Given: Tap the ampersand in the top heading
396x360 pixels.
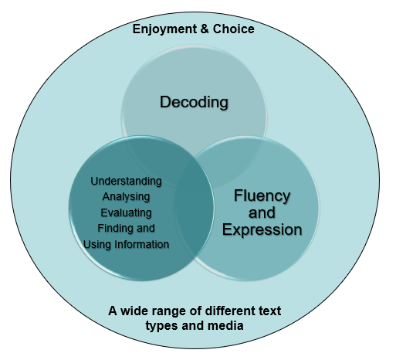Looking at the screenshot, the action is tap(205, 29).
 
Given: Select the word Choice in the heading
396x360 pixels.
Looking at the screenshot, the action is tap(233, 29).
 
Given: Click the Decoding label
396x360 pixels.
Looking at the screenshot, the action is tap(194, 103).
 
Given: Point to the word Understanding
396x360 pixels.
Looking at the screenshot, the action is tap(126, 182).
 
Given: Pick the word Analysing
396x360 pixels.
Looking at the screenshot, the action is tap(126, 197).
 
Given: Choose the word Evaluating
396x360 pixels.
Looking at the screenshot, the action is tap(126, 213).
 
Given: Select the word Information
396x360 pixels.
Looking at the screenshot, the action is tap(142, 245).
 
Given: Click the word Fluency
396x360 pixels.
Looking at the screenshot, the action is tap(262, 195).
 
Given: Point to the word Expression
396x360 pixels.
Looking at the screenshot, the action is tap(262, 229).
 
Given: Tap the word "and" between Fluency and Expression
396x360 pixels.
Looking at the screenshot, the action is tap(262, 212).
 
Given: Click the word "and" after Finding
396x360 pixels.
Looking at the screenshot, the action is tap(146, 229).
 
